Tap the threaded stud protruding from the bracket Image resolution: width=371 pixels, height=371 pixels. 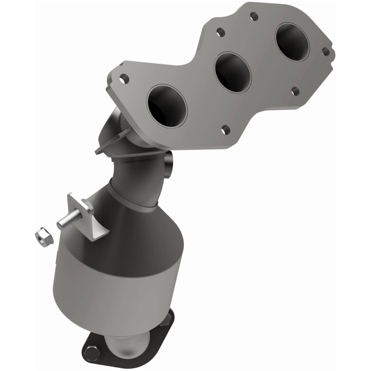tap(65, 222)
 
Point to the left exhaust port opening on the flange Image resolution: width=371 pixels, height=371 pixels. tap(166, 106)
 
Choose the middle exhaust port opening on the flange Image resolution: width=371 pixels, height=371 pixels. tap(232, 71)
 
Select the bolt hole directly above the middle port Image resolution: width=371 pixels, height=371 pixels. tap(220, 32)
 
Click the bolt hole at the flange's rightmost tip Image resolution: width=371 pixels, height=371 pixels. tap(326, 52)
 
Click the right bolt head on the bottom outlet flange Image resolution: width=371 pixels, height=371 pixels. tap(168, 317)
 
